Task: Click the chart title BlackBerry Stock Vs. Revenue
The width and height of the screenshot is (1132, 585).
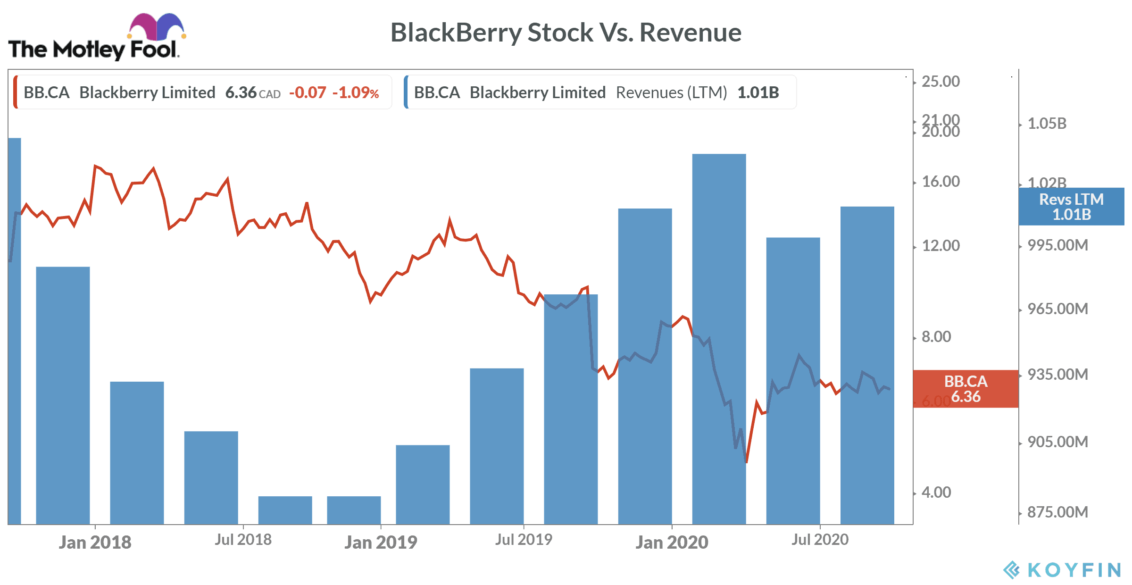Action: (566, 33)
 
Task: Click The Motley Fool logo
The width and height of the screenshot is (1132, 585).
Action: (97, 38)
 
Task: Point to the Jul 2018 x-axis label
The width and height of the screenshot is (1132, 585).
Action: (243, 540)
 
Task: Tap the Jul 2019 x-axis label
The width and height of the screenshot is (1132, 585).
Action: (524, 540)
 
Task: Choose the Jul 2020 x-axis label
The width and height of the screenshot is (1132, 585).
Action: (820, 540)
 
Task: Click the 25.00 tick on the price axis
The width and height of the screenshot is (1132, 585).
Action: (941, 82)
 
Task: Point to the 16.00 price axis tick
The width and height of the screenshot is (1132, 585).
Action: (941, 182)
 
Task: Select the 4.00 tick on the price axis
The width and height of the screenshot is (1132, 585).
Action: (936, 493)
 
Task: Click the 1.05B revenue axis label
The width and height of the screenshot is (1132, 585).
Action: (1047, 124)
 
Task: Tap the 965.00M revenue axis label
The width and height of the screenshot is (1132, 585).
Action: (1058, 309)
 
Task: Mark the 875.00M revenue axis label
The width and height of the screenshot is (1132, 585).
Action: (1058, 512)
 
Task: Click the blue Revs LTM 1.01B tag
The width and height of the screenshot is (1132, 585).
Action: (1071, 207)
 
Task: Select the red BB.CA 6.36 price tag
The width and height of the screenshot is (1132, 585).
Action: (966, 389)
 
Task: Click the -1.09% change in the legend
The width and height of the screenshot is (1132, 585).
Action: (356, 92)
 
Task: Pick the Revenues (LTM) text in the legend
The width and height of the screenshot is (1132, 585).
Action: (671, 92)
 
